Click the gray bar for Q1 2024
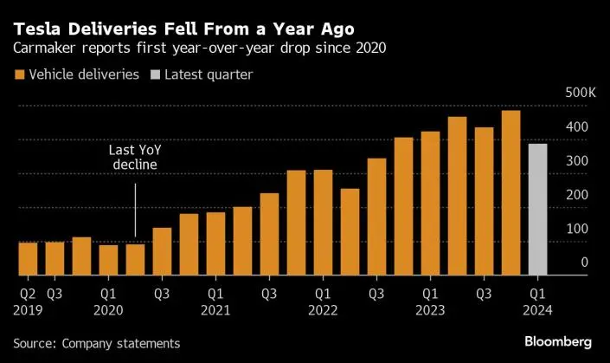pos(537,209)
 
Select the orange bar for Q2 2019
pos(28,258)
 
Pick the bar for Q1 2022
pos(323,222)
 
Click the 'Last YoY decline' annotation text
pos(133,158)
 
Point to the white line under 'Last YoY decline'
pos(135,207)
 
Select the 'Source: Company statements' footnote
pos(96,343)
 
